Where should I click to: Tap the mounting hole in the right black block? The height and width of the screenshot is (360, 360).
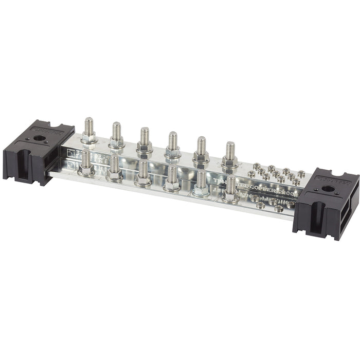[x=328, y=189]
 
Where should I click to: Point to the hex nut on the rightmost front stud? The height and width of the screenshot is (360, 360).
[x=230, y=195]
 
